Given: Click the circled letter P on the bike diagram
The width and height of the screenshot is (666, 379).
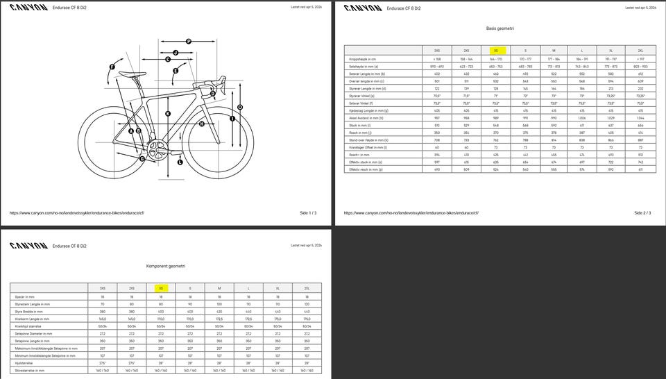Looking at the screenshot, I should (188, 42).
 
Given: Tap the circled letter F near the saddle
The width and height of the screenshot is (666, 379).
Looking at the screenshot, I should (112, 67).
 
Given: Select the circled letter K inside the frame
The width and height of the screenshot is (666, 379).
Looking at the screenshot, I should (168, 113).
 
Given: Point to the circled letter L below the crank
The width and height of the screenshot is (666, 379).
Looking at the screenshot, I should (180, 162).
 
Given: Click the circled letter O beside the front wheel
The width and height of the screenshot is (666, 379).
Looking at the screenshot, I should (240, 107).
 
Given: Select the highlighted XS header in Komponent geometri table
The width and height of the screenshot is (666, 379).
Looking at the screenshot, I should (161, 287).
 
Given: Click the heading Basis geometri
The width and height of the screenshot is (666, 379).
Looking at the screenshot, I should (499, 28).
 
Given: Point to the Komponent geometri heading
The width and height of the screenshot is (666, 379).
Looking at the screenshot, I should (165, 266).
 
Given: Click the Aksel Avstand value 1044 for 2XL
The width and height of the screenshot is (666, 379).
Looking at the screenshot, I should (639, 118).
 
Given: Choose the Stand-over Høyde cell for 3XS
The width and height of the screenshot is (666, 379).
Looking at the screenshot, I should (437, 140).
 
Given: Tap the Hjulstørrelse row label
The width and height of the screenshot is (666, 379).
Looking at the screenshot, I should (26, 363).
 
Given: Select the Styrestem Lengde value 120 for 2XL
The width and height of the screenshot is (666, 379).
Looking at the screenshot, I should (306, 304).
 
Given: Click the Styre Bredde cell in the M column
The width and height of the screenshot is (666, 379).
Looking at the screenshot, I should (219, 311).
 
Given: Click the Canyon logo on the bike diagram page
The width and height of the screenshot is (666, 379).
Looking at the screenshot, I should (28, 9).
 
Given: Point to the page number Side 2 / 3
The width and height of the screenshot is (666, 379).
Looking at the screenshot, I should (642, 213).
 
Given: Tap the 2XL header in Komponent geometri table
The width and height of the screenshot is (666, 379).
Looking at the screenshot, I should (306, 287).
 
